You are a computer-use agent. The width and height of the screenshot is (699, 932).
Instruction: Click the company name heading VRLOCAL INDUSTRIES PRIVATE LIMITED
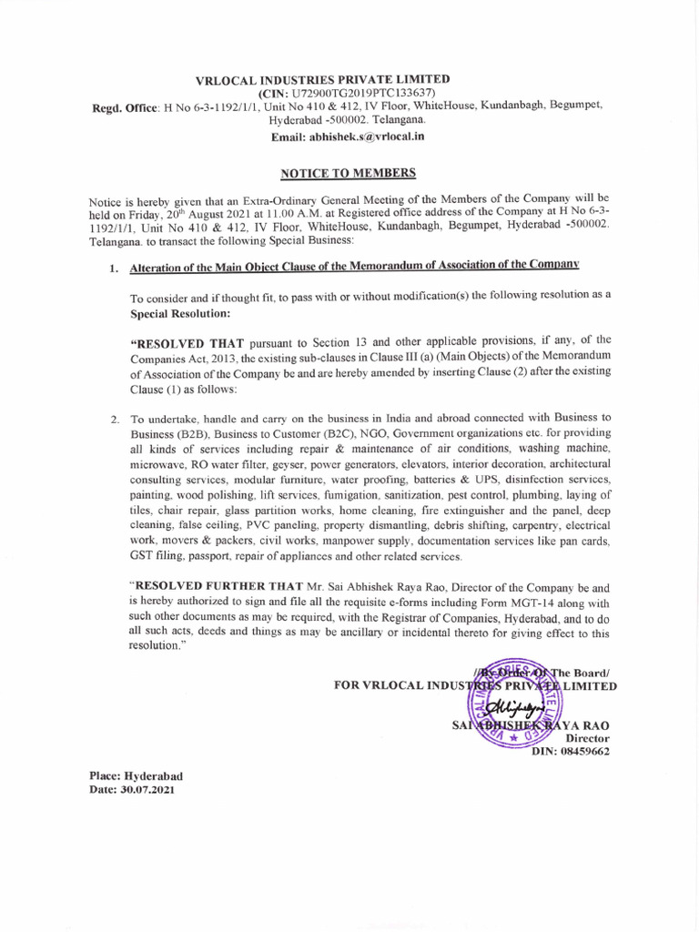coord(322,80)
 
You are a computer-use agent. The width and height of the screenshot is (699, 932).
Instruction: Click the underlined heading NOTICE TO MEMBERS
coord(348,172)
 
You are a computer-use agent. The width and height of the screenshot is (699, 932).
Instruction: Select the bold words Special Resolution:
coord(180,312)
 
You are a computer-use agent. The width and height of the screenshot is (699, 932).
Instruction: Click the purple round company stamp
coord(514,704)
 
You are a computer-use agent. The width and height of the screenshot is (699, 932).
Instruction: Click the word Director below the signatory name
coord(588,738)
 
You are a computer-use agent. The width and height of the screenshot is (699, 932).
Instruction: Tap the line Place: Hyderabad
coord(136,775)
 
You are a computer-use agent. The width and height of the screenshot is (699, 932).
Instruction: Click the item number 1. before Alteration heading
coord(114,268)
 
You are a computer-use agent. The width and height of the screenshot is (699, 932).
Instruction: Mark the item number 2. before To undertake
coord(115,420)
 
